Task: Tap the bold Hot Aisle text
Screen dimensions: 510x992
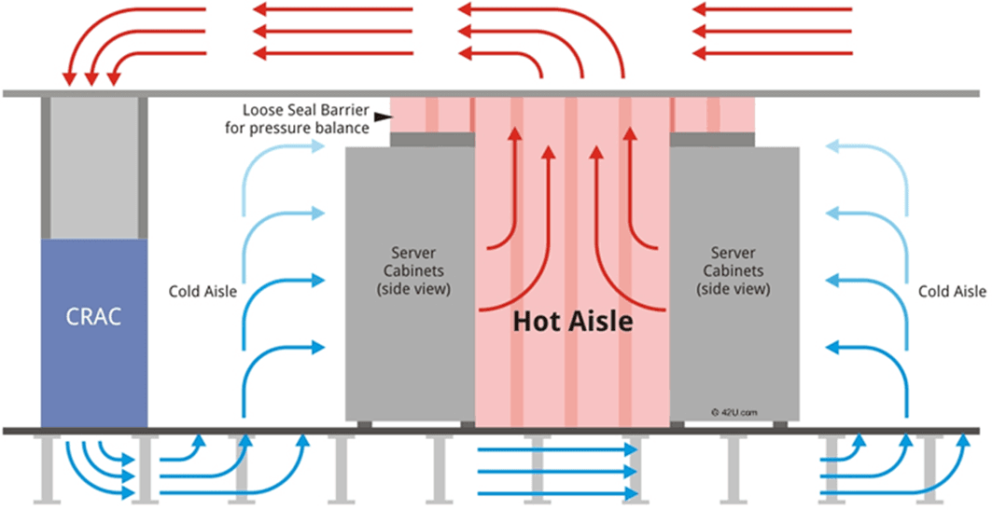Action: click(x=572, y=323)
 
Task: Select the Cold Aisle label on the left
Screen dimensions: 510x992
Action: click(x=202, y=292)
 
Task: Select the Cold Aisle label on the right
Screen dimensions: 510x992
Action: click(x=952, y=292)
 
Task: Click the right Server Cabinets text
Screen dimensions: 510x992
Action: click(x=734, y=270)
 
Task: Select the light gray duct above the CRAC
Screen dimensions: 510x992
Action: click(x=93, y=168)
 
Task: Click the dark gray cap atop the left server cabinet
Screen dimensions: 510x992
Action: click(x=432, y=139)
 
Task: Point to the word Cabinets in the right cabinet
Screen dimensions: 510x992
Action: click(x=734, y=270)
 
